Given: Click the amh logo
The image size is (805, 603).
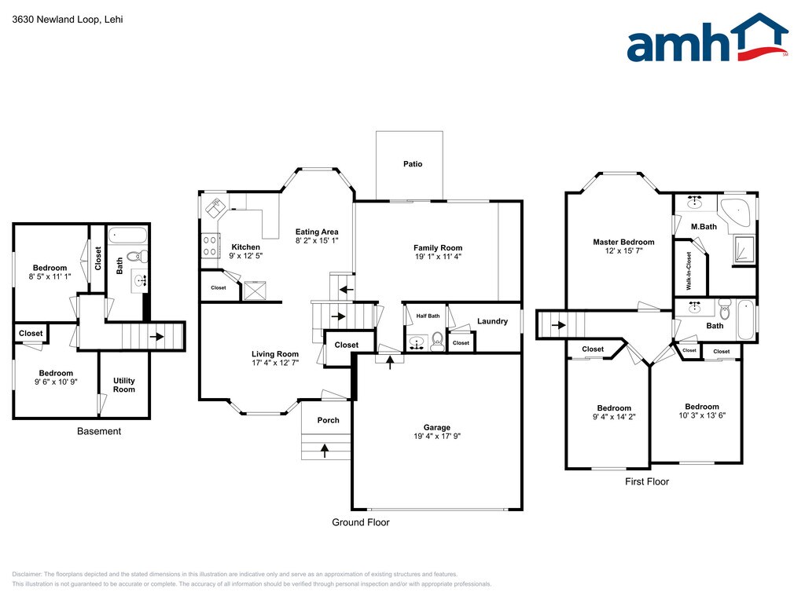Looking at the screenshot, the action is click(x=708, y=38).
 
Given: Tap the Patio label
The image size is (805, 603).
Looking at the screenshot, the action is click(x=413, y=164).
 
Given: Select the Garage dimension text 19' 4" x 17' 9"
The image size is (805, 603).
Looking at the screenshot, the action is click(x=437, y=437).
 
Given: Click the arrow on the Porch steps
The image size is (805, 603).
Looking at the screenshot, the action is click(x=325, y=450).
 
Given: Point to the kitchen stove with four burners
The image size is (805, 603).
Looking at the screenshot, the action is click(x=209, y=245).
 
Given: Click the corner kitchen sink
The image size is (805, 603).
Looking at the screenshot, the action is click(x=216, y=207).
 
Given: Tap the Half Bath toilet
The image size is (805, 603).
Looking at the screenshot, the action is click(x=437, y=341).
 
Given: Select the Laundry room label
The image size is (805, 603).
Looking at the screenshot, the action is click(x=492, y=321).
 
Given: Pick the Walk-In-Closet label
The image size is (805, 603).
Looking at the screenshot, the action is click(x=689, y=271).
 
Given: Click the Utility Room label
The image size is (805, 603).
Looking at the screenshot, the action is click(x=124, y=385).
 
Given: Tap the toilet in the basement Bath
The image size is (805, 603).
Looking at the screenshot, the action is click(x=138, y=257).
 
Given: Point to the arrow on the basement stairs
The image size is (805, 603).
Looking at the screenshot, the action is click(x=156, y=337).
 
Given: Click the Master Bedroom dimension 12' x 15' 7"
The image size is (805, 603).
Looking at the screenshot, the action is click(x=623, y=250).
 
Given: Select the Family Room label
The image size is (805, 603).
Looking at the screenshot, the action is click(x=438, y=248).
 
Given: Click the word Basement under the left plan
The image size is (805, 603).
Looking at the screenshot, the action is click(x=99, y=431).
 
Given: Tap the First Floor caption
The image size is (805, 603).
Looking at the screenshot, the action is click(x=647, y=481).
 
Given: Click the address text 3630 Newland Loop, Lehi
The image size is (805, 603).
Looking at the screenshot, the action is click(x=68, y=20).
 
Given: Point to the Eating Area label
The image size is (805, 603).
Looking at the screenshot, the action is click(x=317, y=232).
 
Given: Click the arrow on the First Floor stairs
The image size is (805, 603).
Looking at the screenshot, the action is click(x=559, y=325).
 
